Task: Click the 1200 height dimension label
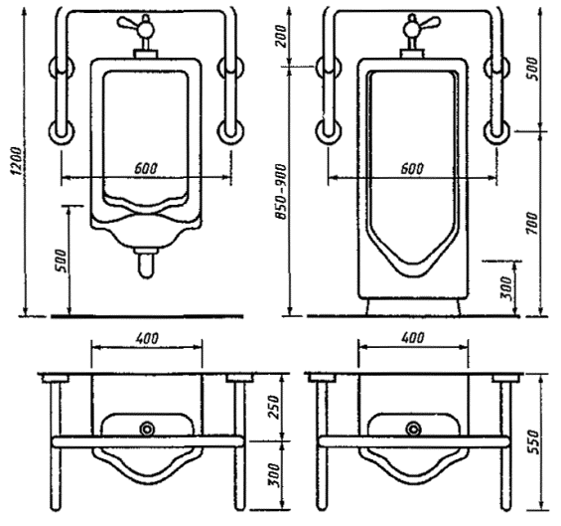[17, 160]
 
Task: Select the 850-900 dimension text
[281, 192]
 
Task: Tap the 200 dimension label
[282, 36]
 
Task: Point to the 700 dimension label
[533, 224]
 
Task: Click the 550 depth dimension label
[533, 441]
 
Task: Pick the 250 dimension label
[274, 407]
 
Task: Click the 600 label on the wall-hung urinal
[146, 168]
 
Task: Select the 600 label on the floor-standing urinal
[412, 168]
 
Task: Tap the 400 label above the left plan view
[147, 338]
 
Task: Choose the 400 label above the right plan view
[413, 338]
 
